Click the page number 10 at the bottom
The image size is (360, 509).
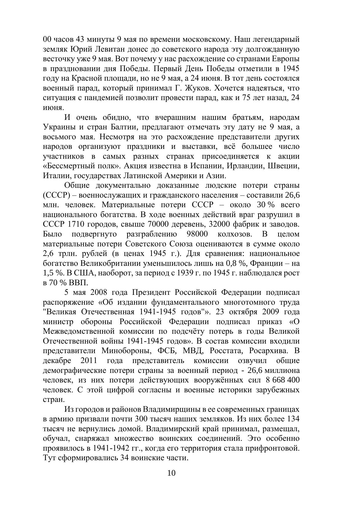[x=171, y=473]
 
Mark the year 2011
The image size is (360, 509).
[x=89, y=360]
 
